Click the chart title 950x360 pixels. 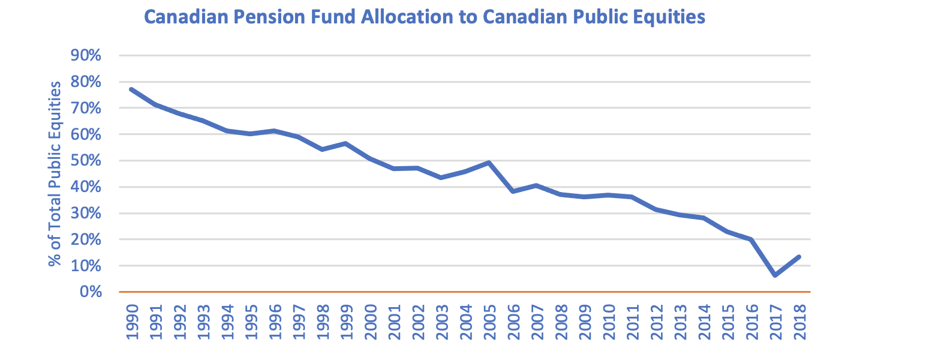click(x=425, y=17)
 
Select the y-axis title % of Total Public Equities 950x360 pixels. click(x=55, y=174)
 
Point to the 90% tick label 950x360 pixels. click(x=86, y=56)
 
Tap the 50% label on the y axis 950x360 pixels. click(x=86, y=161)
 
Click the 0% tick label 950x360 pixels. click(x=90, y=292)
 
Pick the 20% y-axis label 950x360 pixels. click(x=86, y=239)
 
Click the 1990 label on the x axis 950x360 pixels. click(x=132, y=322)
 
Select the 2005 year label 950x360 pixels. click(x=489, y=322)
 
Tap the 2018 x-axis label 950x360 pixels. click(x=799, y=322)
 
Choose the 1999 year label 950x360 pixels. click(x=347, y=322)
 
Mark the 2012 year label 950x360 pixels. click(x=656, y=322)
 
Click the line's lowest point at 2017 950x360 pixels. click(x=775, y=275)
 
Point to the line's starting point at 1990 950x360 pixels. click(x=131, y=89)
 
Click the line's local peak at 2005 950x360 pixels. click(x=489, y=163)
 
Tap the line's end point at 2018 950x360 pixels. click(x=799, y=257)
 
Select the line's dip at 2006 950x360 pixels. click(x=513, y=191)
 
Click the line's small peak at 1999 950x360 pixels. click(x=346, y=143)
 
